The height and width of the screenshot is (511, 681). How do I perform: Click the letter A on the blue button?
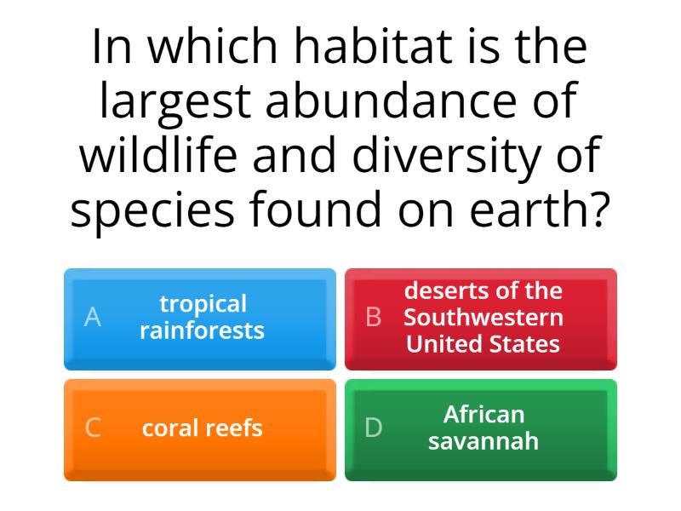coord(93,318)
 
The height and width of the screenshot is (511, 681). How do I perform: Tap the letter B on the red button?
coord(373,318)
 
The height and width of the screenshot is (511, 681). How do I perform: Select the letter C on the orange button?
coord(93,428)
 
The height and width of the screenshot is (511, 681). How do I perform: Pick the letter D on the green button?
coord(373,428)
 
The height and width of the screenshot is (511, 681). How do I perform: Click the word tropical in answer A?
coord(203,304)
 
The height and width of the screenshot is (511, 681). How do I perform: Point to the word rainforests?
coord(202,330)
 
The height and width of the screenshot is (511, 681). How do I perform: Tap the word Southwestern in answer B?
coord(483,318)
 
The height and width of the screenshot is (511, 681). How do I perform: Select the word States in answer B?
coord(525,344)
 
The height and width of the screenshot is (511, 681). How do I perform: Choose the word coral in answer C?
coord(170,428)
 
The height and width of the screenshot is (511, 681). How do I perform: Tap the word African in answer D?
coord(484,415)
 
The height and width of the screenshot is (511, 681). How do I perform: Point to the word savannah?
coord(483,441)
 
